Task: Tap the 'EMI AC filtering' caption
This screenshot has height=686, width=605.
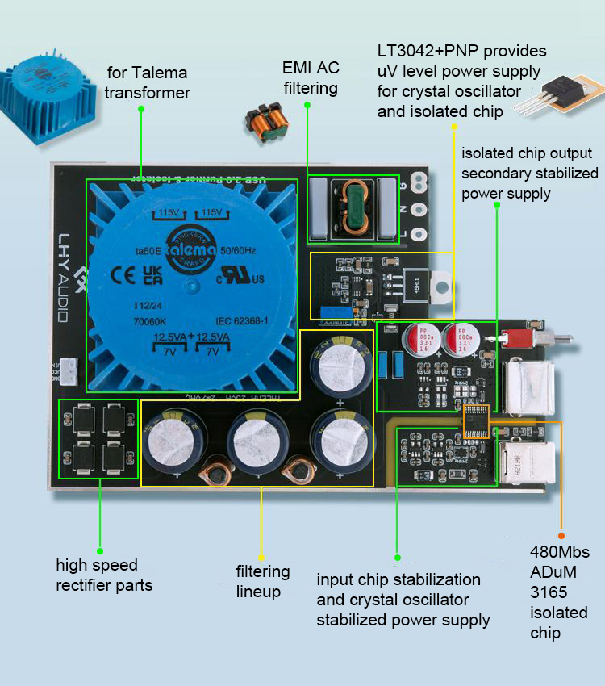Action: [310, 77]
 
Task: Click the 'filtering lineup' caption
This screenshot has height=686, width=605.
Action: [263, 581]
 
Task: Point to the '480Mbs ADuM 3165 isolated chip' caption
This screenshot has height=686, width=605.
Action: [560, 592]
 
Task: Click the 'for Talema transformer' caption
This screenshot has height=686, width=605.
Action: [147, 83]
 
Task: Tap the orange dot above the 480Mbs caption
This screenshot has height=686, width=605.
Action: [561, 535]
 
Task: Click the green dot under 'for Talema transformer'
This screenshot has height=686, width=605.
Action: [141, 111]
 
